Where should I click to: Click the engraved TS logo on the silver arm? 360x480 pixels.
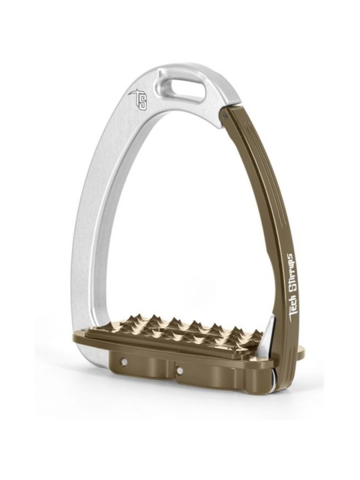click(x=139, y=101)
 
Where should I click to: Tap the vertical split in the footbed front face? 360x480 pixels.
click(x=175, y=373)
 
